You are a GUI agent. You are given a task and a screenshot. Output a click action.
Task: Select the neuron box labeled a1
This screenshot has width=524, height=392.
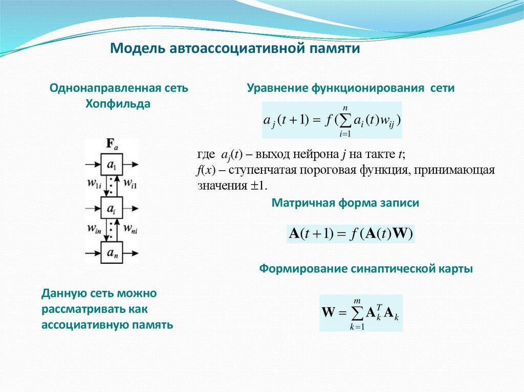click(x=112, y=165)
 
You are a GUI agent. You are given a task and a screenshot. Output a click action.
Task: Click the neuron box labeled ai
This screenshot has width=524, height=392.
click(x=112, y=208)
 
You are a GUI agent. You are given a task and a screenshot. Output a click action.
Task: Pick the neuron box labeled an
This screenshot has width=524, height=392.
click(x=112, y=251)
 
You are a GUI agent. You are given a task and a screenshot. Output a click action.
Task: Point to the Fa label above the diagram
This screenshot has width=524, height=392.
click(x=112, y=145)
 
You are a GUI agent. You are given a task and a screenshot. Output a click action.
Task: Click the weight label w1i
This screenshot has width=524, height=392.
click(x=95, y=182)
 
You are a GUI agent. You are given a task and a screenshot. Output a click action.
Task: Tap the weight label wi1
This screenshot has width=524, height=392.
click(x=129, y=182)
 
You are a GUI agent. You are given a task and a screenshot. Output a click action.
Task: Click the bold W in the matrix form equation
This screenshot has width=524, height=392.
click(x=401, y=234)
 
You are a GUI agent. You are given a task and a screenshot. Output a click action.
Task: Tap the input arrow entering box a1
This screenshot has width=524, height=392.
click(x=93, y=165)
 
